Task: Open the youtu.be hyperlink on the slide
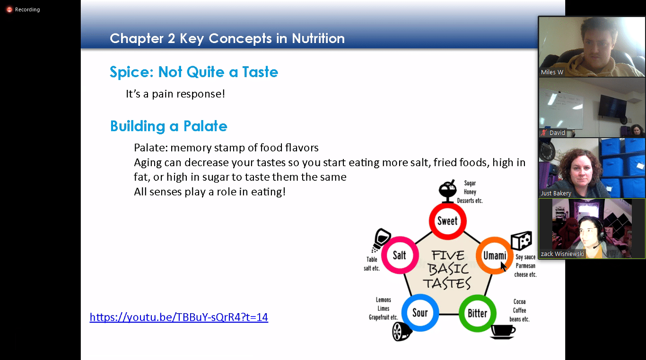[x=179, y=317]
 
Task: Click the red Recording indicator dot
[x=9, y=9]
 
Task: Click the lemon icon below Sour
[x=402, y=332]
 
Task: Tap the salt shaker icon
[x=381, y=240]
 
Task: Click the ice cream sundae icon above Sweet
[x=447, y=191]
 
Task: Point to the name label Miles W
[x=552, y=72]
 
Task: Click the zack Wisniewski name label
[x=562, y=254]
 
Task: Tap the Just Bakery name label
[x=556, y=193]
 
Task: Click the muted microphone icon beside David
[x=544, y=132]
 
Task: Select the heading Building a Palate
[x=169, y=126]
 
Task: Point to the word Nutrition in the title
[x=318, y=38]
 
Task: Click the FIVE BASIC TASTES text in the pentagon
[x=447, y=270]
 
